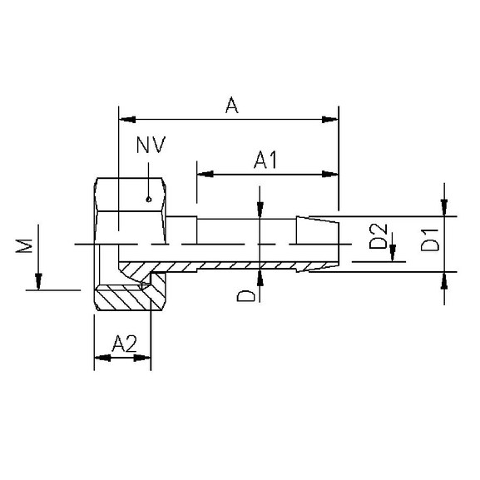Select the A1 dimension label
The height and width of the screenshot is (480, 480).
(x=265, y=161)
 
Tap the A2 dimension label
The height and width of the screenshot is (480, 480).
(x=123, y=343)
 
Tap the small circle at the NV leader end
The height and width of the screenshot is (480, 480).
(x=147, y=199)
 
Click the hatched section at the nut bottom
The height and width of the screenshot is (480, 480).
(x=125, y=298)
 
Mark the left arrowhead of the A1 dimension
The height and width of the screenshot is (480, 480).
(x=205, y=175)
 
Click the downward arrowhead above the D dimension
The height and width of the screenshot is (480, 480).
(x=260, y=212)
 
